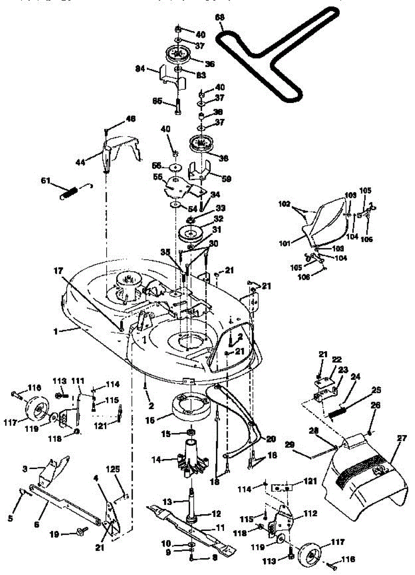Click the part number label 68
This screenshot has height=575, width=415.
(219, 17)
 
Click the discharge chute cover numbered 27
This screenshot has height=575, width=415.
(364, 474)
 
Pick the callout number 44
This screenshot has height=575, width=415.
(80, 162)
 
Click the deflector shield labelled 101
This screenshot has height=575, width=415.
(325, 220)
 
